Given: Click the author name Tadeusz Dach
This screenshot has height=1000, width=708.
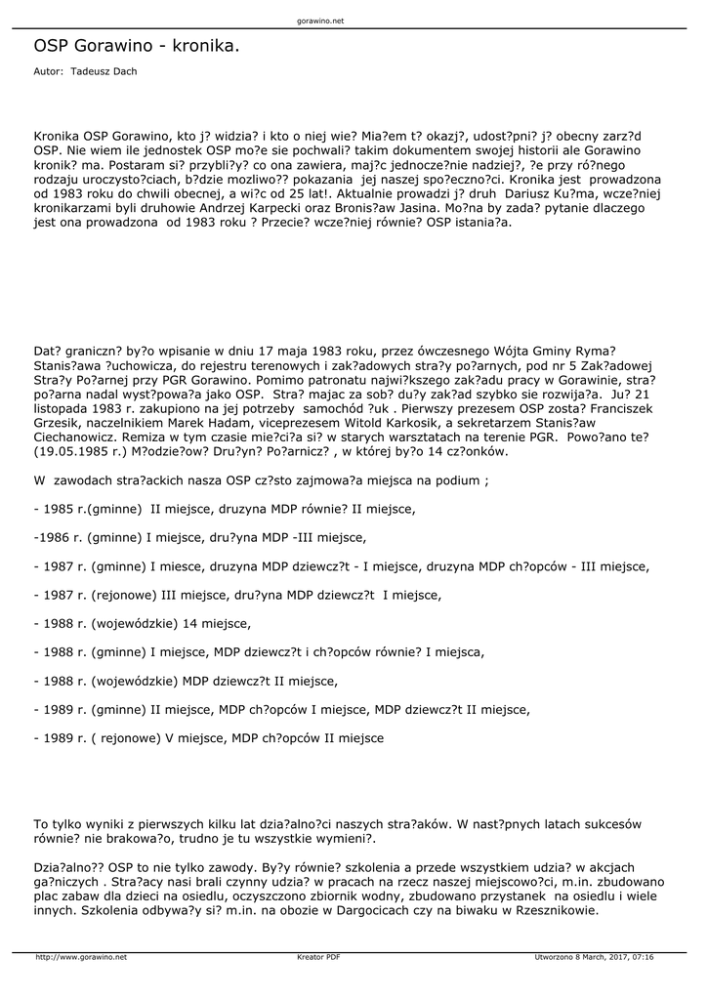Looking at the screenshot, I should (104, 71).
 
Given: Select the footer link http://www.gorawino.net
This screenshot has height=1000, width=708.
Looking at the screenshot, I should (81, 957).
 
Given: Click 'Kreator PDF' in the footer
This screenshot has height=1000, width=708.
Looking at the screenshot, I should (317, 957).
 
